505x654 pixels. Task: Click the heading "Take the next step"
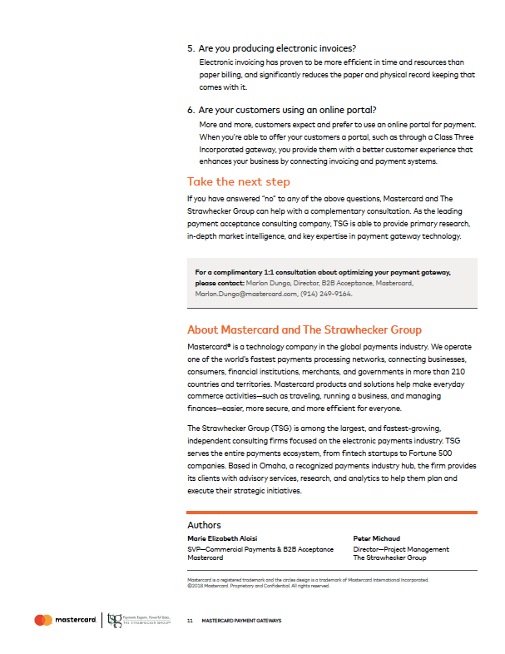tap(238, 181)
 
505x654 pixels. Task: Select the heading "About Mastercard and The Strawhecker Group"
tap(304, 329)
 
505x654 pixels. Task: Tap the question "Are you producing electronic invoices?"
tap(284, 47)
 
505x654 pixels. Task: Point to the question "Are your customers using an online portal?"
tap(288, 110)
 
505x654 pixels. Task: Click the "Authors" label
tap(205, 525)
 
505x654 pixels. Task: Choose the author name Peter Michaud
tap(375, 539)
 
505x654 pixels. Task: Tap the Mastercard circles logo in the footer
tap(43, 620)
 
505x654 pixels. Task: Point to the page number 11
tap(190, 621)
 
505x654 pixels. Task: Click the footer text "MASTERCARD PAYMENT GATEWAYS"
tap(241, 621)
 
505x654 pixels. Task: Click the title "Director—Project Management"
tap(401, 549)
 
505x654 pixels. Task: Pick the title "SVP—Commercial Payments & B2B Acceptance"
tap(260, 549)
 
